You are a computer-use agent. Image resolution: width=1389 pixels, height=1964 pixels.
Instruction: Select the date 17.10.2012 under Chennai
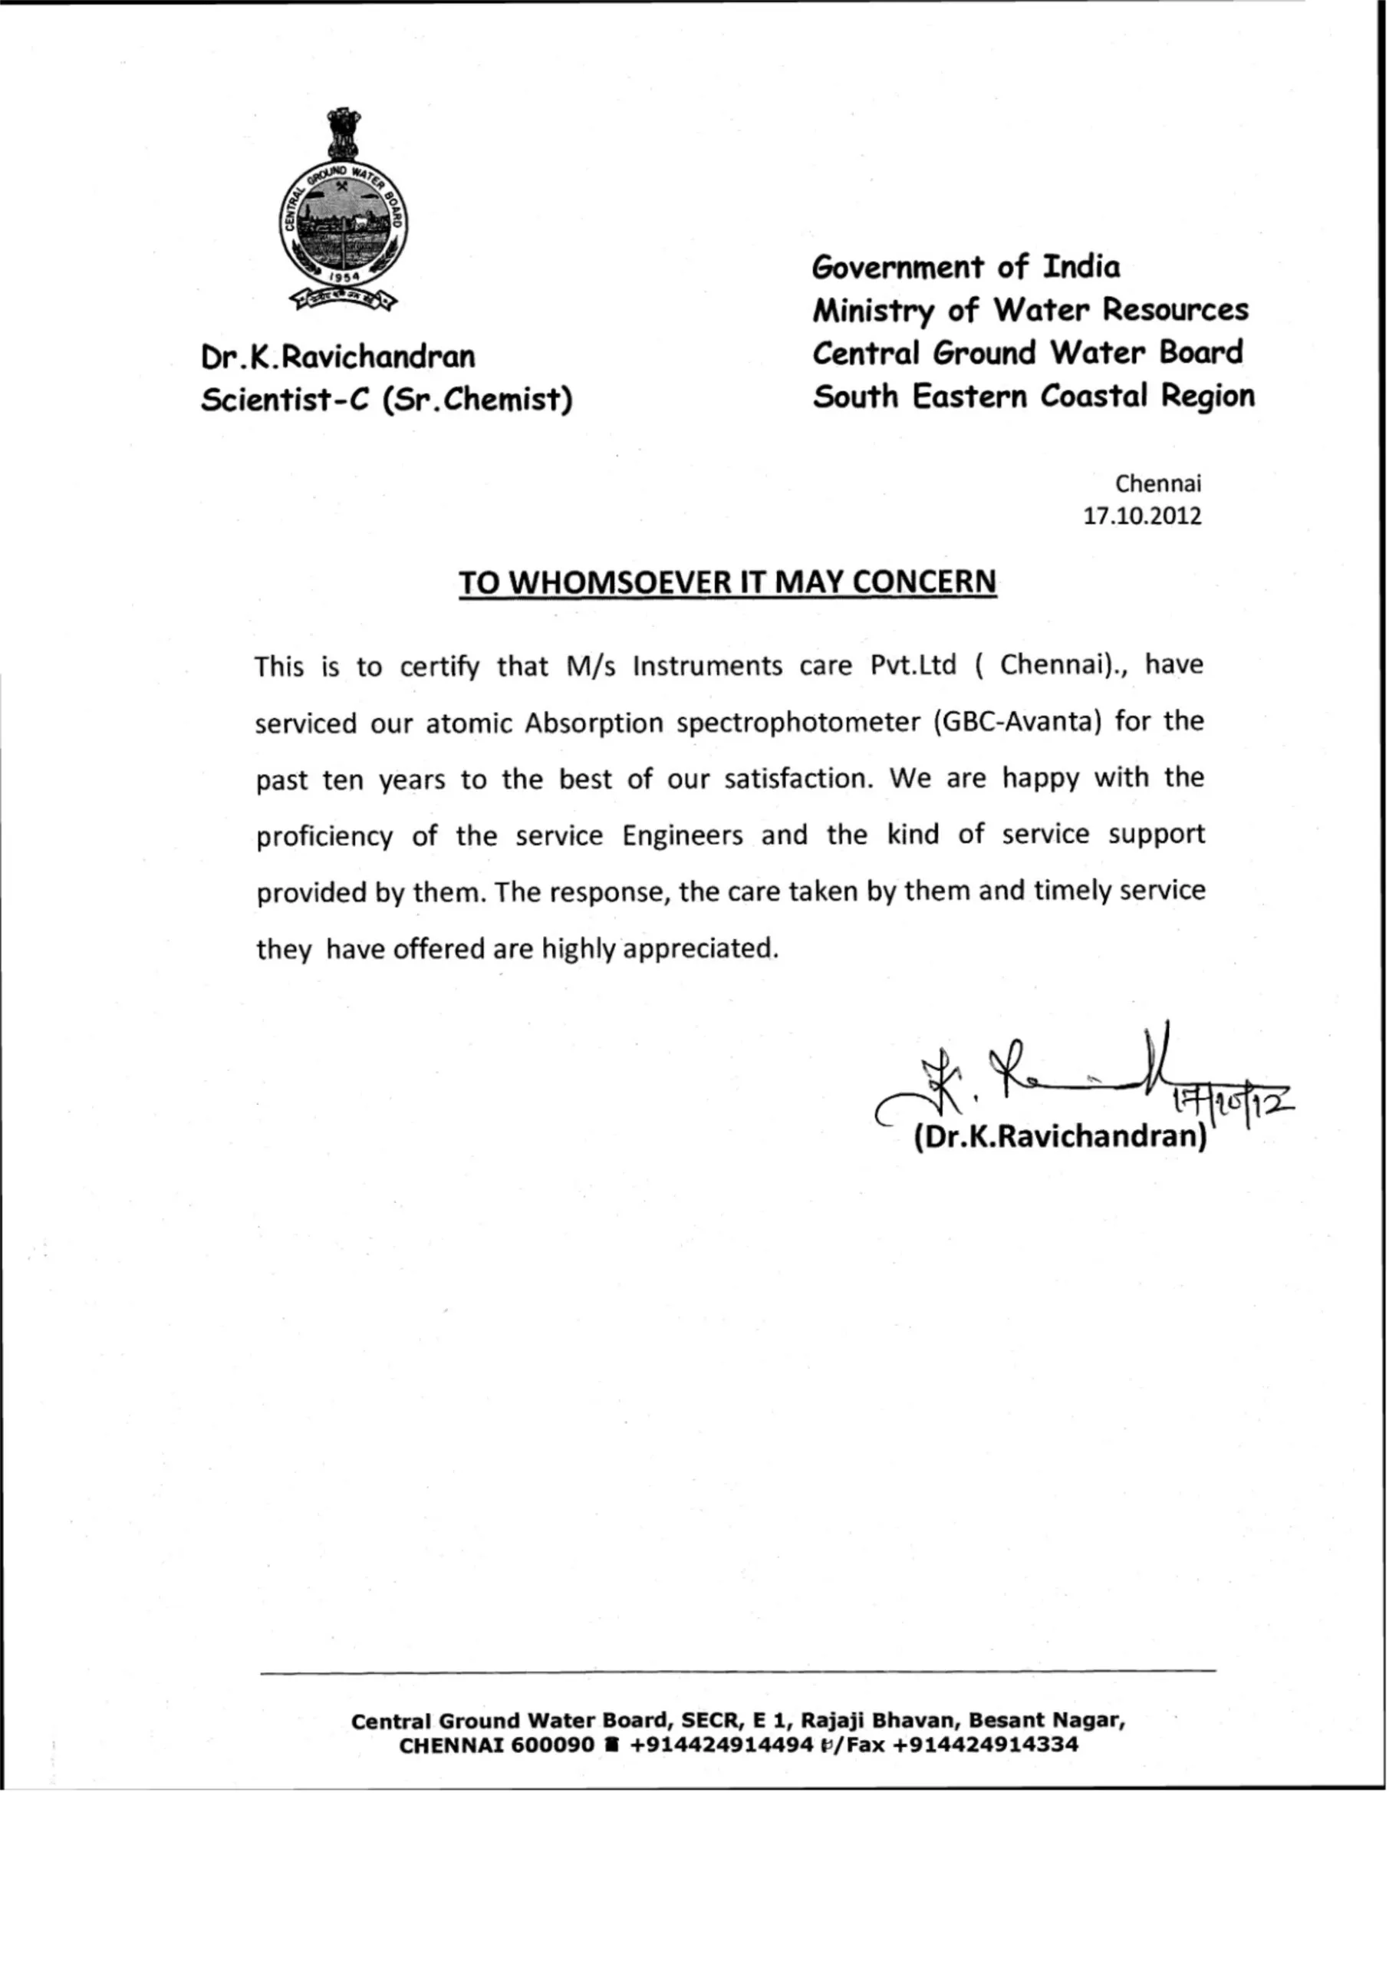click(1142, 516)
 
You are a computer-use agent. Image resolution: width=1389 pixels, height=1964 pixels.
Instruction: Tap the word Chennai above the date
click(1158, 483)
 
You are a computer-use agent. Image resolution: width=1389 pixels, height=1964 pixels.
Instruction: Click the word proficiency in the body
click(324, 835)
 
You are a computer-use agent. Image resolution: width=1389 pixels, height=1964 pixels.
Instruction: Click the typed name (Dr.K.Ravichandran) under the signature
click(1060, 1136)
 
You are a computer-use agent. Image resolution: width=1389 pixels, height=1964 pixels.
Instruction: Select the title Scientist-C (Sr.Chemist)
click(387, 399)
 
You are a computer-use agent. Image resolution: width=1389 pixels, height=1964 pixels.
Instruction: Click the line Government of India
click(966, 267)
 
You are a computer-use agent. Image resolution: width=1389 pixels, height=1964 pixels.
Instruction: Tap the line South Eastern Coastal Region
click(1033, 396)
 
